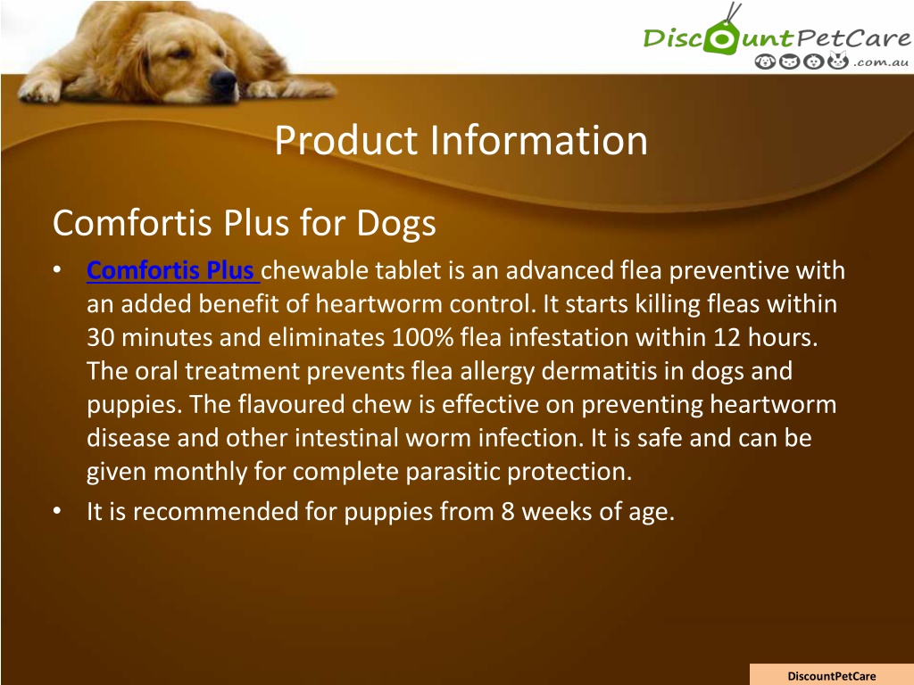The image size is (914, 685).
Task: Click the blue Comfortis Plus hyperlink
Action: coord(173,271)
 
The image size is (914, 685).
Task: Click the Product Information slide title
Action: coord(461,140)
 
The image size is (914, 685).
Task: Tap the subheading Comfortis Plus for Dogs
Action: coord(245,223)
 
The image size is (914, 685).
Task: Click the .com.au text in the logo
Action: coord(880,62)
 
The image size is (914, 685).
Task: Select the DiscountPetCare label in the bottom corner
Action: coord(831,676)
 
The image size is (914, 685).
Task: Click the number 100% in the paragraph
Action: coord(422,337)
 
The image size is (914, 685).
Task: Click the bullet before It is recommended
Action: coord(56,511)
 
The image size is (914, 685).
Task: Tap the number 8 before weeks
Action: coord(508,511)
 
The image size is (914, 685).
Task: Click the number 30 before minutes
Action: coord(100,337)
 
